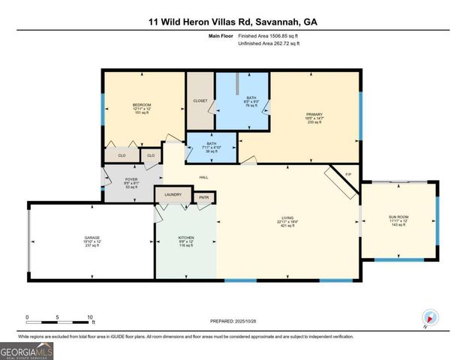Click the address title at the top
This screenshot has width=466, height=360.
[233, 22]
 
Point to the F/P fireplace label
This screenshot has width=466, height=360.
[347, 175]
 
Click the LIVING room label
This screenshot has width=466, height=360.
[288, 219]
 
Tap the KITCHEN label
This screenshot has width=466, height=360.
[186, 238]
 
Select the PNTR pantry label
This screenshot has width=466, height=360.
[203, 197]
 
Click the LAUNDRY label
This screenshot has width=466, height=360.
[173, 194]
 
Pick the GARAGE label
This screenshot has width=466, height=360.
[92, 238]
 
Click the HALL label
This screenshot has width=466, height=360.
[203, 177]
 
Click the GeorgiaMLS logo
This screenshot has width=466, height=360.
[26, 349]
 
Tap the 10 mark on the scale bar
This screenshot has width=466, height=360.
[91, 316]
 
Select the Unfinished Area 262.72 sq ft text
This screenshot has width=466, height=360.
[268, 44]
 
